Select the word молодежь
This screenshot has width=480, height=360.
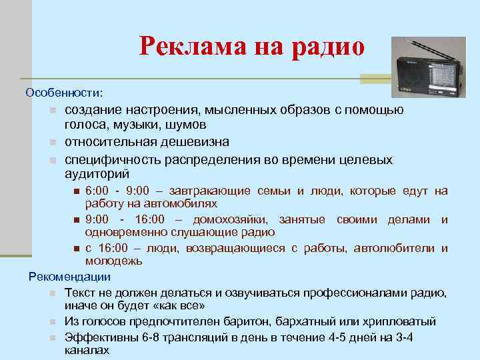(x=113, y=261)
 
